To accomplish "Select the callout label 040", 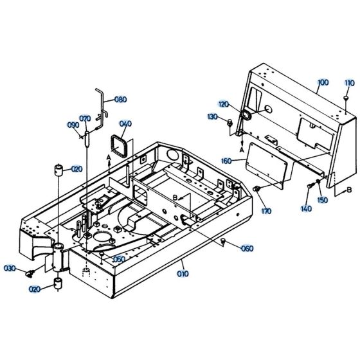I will pyautogui.click(x=125, y=124).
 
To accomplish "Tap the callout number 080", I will pyautogui.click(x=121, y=100).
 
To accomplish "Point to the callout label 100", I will pyautogui.click(x=323, y=84).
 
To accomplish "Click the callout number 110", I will pyautogui.click(x=349, y=84).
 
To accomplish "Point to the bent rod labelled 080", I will pyautogui.click(x=100, y=106).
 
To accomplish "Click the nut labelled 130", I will pyautogui.click(x=231, y=121).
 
